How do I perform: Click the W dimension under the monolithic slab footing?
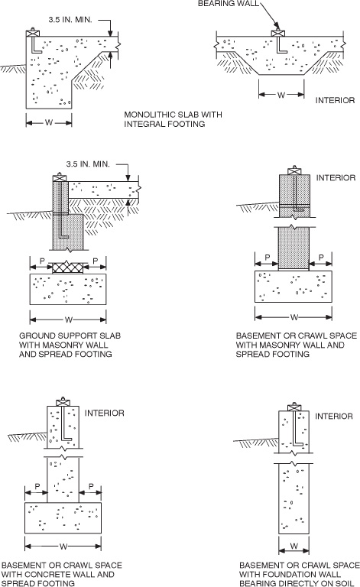pos(49,120)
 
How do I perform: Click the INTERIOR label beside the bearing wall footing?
pos(336,99)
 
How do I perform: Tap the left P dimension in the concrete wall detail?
pos(36,486)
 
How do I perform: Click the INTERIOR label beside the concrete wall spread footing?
pos(105,413)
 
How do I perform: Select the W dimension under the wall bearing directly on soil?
pos(294,546)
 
